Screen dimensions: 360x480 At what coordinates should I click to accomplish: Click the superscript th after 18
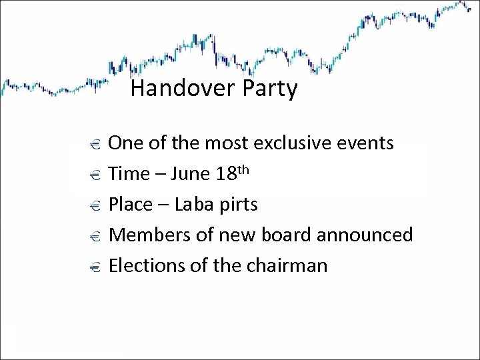pos(243,169)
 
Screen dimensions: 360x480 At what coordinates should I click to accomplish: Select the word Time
pos(129,174)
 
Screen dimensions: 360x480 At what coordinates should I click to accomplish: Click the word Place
pos(131,205)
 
